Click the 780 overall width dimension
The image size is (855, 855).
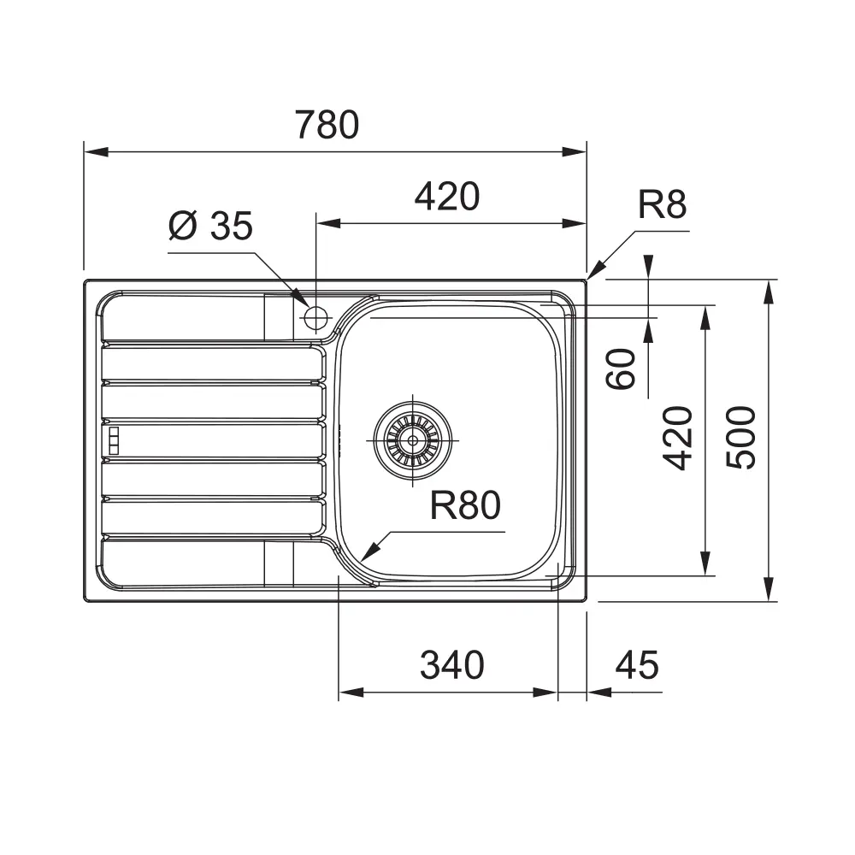pos(327,125)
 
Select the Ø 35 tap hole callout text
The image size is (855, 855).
pos(210,226)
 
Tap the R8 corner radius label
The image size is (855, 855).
pos(662,204)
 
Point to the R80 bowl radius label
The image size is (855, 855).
pos(465,505)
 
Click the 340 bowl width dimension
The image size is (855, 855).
pos(452,664)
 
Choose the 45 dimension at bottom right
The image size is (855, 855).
pos(637,664)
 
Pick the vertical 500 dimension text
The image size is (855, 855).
pos(741,437)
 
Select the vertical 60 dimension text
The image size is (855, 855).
pos(621,369)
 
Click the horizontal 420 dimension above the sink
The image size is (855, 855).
pos(447,197)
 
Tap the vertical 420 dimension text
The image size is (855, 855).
pos(678,438)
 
